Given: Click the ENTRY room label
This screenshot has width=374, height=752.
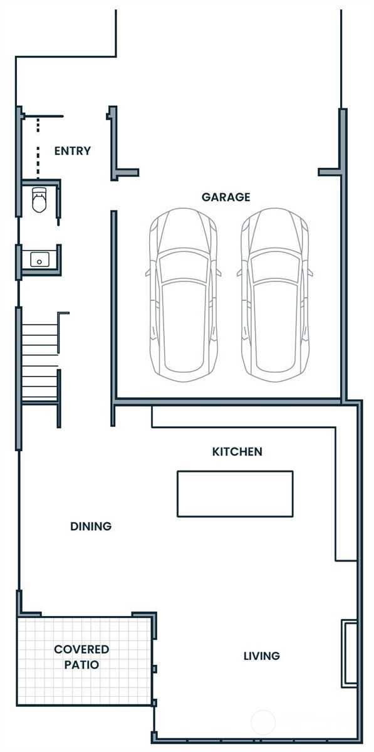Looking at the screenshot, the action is coord(73,151).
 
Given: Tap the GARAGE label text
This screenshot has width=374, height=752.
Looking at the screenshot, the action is coord(226,197).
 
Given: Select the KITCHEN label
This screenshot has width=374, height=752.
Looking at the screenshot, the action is coord(237,452).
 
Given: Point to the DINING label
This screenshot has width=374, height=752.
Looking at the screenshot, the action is coord(91,526).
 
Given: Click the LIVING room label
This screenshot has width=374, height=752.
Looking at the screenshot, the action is coord(262,655).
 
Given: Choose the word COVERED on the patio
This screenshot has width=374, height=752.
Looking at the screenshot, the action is coord(81,649).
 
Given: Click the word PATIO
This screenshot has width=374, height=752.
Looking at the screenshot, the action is coord(81,664).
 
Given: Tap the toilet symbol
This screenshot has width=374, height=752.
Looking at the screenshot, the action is coord(39,200).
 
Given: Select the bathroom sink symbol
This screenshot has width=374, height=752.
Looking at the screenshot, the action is coord(39,259).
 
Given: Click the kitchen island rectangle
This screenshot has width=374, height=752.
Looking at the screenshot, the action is coord(235,494).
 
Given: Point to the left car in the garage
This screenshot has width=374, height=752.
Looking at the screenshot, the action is coord(184,295).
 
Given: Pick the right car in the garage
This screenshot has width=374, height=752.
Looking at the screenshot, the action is coord(275,295).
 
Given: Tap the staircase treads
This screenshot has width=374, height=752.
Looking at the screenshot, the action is coord(39,362).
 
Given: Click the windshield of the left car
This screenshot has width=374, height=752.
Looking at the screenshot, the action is coord(184,267).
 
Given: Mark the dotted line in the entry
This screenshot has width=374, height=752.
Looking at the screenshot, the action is coord(38,148).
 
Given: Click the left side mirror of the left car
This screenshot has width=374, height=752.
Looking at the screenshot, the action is coord(147,272).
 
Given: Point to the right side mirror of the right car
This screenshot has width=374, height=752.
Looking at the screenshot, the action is coord(311,272).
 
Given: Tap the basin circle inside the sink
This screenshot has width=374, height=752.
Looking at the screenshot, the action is coord(39,262).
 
